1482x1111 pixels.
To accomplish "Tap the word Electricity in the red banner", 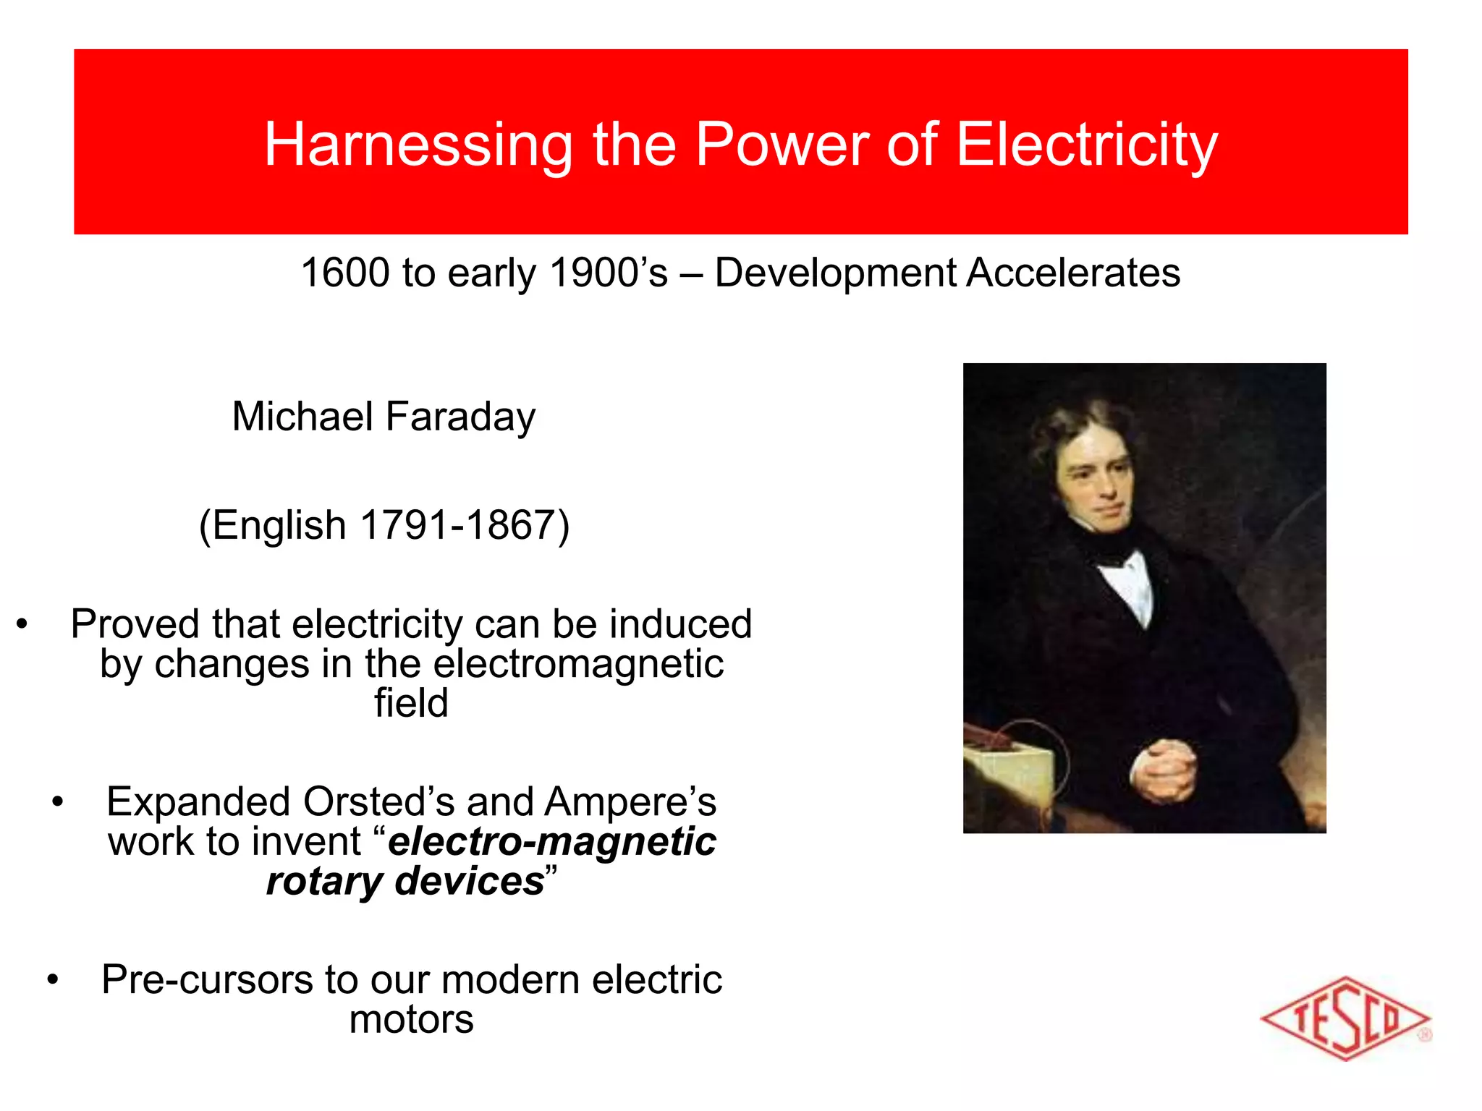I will point(1087,145).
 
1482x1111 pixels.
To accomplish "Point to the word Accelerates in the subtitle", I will point(1073,273).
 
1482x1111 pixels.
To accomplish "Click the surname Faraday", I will point(460,417).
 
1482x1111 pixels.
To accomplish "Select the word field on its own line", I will point(411,703).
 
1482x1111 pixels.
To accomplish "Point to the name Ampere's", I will point(630,801).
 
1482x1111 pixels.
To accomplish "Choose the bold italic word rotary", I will point(323,881).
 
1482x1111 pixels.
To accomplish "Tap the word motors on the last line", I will point(411,1020).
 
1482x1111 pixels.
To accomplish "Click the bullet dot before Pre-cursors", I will point(52,981).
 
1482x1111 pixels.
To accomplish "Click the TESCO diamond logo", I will point(1345,1018).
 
